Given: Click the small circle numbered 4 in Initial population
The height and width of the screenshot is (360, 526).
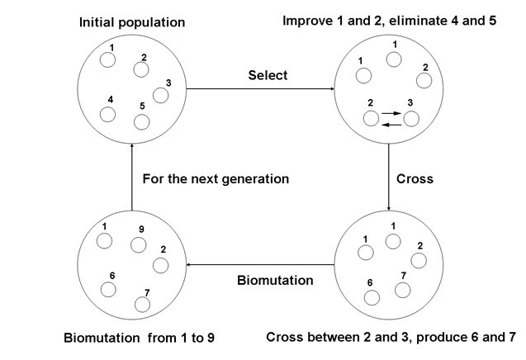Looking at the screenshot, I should (x=107, y=114).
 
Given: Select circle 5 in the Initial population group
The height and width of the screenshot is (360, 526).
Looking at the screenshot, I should (x=142, y=121).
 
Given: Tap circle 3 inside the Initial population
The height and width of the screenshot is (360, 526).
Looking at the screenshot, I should (x=161, y=95).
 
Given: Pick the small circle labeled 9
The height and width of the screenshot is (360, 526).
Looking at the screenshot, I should (x=140, y=244).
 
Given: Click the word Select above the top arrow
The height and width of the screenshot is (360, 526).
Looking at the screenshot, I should (x=268, y=76).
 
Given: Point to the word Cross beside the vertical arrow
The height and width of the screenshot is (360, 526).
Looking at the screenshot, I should (x=415, y=178).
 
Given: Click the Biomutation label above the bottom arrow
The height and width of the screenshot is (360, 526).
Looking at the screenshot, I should (x=275, y=280).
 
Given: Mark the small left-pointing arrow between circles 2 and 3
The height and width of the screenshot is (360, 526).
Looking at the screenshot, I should (x=391, y=124).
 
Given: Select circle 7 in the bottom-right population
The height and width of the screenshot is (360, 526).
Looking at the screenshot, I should (x=403, y=290).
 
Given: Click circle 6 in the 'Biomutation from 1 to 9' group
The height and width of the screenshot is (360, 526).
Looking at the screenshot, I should (x=107, y=290).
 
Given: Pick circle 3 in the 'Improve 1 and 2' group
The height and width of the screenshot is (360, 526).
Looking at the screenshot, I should (x=411, y=118).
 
